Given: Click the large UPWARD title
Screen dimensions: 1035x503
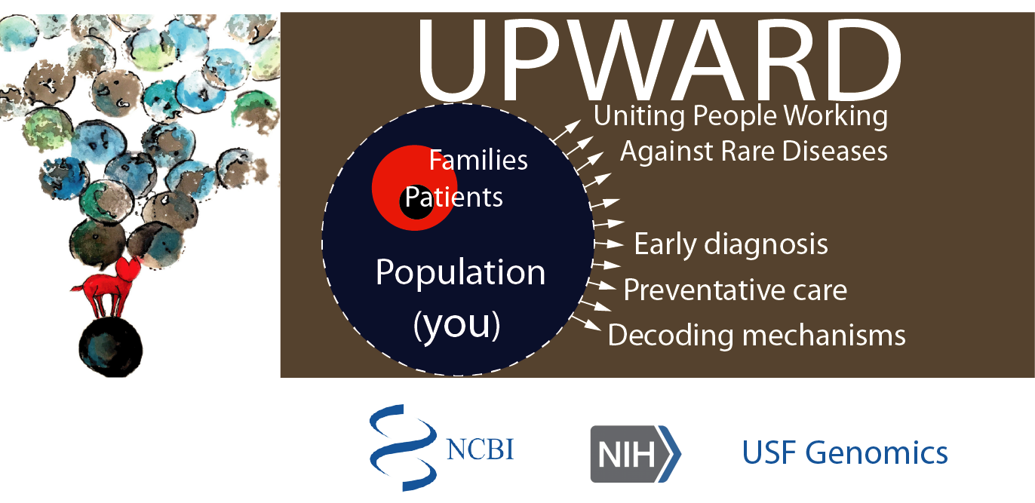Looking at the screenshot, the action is coord(659,60).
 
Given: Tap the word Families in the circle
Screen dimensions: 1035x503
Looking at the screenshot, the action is coord(478,160).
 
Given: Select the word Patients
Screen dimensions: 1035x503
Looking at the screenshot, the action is coord(453,198).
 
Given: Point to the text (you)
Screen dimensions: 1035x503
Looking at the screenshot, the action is coord(457,325).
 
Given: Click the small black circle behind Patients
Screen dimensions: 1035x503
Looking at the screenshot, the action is coord(416,203).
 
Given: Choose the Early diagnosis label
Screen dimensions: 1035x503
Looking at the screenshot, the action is coord(731,245).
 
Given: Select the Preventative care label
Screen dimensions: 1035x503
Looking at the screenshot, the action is coord(735,290).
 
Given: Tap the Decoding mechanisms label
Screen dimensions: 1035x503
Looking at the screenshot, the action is coord(757,336).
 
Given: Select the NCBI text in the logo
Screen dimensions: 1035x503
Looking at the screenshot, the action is coord(480,449).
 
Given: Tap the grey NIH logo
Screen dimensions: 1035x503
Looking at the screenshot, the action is coord(636,454).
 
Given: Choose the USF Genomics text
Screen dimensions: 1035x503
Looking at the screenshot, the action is coord(845,453).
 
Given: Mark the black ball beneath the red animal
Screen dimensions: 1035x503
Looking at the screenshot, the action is coord(111,348).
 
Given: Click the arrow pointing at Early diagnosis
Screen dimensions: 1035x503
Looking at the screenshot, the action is coord(609,243).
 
